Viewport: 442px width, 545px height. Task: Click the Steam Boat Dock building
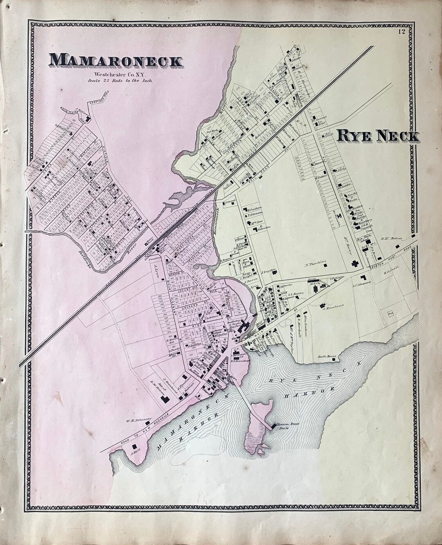pyautogui.click(x=273, y=427)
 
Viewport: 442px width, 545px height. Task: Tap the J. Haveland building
pyautogui.click(x=323, y=304)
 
